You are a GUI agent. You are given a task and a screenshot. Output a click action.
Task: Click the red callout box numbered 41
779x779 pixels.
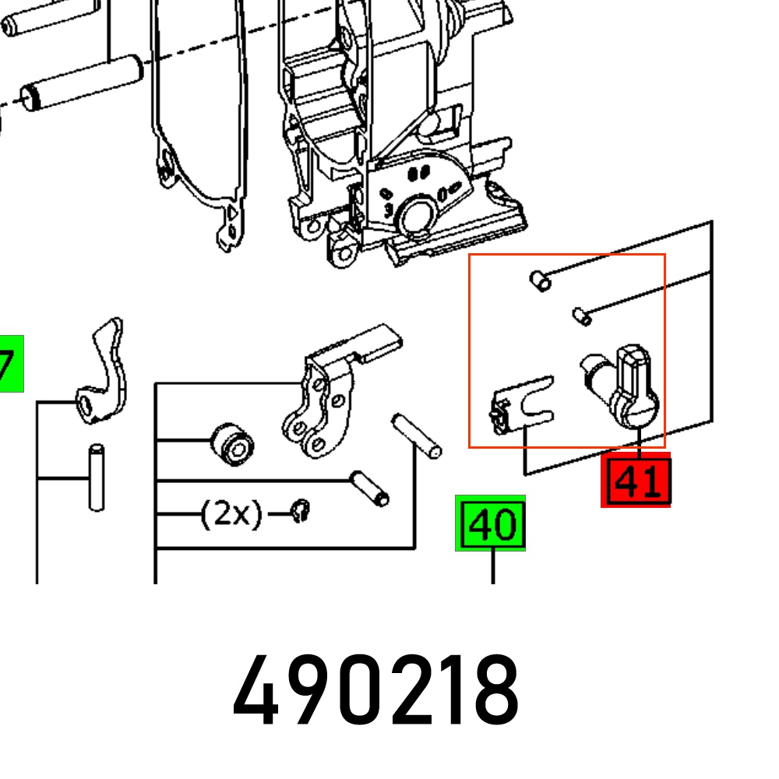tap(636, 480)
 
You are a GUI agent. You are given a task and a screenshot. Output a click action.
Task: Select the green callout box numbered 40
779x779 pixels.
tap(490, 523)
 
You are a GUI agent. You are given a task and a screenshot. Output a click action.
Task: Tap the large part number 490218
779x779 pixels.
tap(376, 690)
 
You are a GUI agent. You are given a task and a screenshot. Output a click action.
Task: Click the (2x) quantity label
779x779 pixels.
tap(231, 513)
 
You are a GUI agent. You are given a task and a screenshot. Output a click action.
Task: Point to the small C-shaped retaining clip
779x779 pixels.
tap(301, 511)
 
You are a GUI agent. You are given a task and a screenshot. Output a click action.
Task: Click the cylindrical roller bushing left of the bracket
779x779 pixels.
tap(232, 445)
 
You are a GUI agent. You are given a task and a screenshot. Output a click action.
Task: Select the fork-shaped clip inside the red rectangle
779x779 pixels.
tap(522, 404)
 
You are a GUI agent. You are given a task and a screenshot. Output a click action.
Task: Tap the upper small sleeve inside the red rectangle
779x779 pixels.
tap(540, 281)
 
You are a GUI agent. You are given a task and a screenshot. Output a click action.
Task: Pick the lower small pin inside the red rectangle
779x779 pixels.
tap(582, 316)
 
